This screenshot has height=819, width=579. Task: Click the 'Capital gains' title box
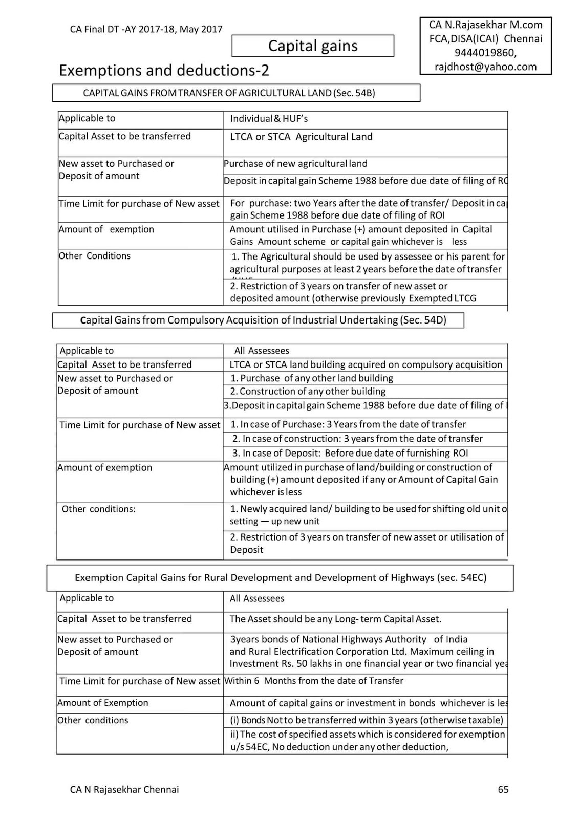[313, 46]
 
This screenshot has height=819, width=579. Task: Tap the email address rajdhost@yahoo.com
[485, 67]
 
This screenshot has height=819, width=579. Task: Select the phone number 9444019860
[485, 53]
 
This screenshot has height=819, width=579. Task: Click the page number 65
[503, 789]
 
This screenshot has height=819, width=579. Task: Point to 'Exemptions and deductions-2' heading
[164, 70]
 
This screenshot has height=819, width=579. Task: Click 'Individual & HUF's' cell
[269, 119]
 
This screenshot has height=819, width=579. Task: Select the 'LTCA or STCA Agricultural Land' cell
[301, 137]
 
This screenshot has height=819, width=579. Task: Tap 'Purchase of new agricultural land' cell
[295, 164]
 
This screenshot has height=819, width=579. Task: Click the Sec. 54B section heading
[235, 93]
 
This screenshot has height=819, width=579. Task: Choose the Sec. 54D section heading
[258, 320]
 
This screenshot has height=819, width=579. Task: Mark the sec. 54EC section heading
[280, 578]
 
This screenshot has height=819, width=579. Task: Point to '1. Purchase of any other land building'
[311, 378]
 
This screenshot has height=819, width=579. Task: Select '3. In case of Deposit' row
[350, 453]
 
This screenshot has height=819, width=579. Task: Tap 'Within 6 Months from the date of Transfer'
[314, 681]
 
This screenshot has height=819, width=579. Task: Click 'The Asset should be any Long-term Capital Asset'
[335, 619]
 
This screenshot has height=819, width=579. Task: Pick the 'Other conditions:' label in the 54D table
[98, 509]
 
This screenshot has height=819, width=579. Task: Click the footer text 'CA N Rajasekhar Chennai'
[124, 789]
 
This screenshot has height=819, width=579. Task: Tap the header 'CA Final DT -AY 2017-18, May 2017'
[146, 29]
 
